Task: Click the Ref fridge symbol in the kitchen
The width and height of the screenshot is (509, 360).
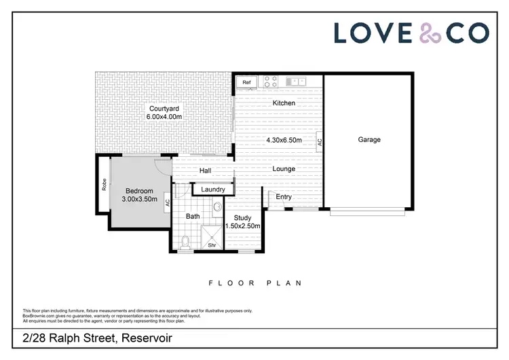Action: [246, 82]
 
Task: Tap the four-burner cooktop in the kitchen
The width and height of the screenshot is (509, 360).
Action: [271, 82]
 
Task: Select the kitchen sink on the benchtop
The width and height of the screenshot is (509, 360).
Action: [296, 82]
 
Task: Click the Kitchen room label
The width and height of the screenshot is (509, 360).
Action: [284, 103]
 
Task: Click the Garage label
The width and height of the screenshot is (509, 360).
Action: [369, 140]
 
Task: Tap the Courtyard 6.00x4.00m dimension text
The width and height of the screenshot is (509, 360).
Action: [164, 117]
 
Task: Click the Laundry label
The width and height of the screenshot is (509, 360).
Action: [212, 190]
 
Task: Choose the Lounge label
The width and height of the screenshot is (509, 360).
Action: [284, 168]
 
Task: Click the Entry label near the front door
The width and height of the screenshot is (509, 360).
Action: [284, 197]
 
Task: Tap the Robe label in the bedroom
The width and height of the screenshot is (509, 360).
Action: [105, 184]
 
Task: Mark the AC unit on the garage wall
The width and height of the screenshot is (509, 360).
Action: [319, 142]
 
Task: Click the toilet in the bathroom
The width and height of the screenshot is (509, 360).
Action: [186, 240]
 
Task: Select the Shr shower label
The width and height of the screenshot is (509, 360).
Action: [212, 245]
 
